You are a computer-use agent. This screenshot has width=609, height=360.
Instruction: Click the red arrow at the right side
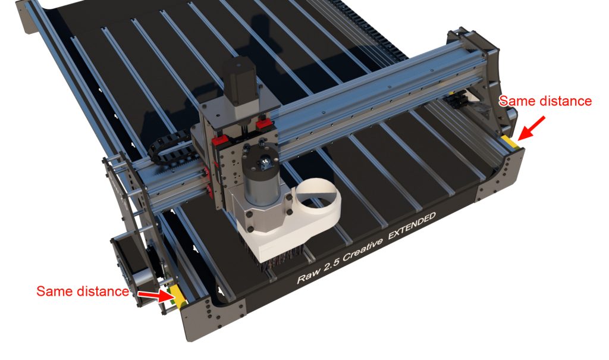coord(532,128)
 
